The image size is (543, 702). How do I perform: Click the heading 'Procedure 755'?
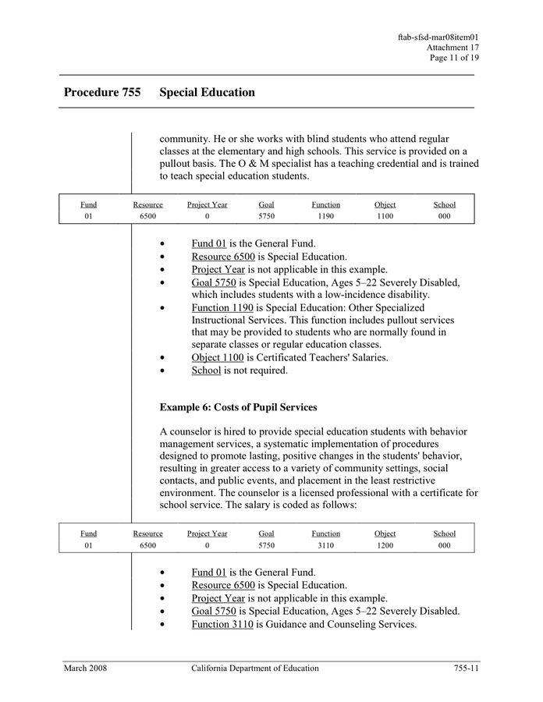coord(102,92)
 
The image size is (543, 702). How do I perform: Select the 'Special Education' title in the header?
coord(207,92)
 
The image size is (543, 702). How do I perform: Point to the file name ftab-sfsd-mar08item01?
coord(438,37)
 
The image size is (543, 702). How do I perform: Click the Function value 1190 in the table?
coord(325,217)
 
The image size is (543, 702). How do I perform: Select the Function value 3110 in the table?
coord(325,546)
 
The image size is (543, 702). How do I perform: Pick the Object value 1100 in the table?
coord(385,217)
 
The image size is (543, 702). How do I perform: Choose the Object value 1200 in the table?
coord(385,546)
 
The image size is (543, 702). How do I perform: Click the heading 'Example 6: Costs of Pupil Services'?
coord(238,407)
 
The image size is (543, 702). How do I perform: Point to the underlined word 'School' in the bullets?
coord(206,370)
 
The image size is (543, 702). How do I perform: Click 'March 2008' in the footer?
coord(86,668)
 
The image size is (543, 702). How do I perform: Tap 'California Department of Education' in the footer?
coord(255,668)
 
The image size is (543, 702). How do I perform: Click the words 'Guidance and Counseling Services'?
coord(342,624)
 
